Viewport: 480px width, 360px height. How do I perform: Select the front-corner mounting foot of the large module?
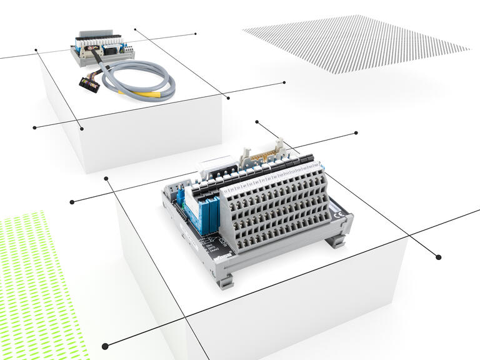point(226,279)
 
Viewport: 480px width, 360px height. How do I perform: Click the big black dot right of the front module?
point(438,257)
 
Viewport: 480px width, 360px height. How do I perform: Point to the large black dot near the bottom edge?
point(104,345)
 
